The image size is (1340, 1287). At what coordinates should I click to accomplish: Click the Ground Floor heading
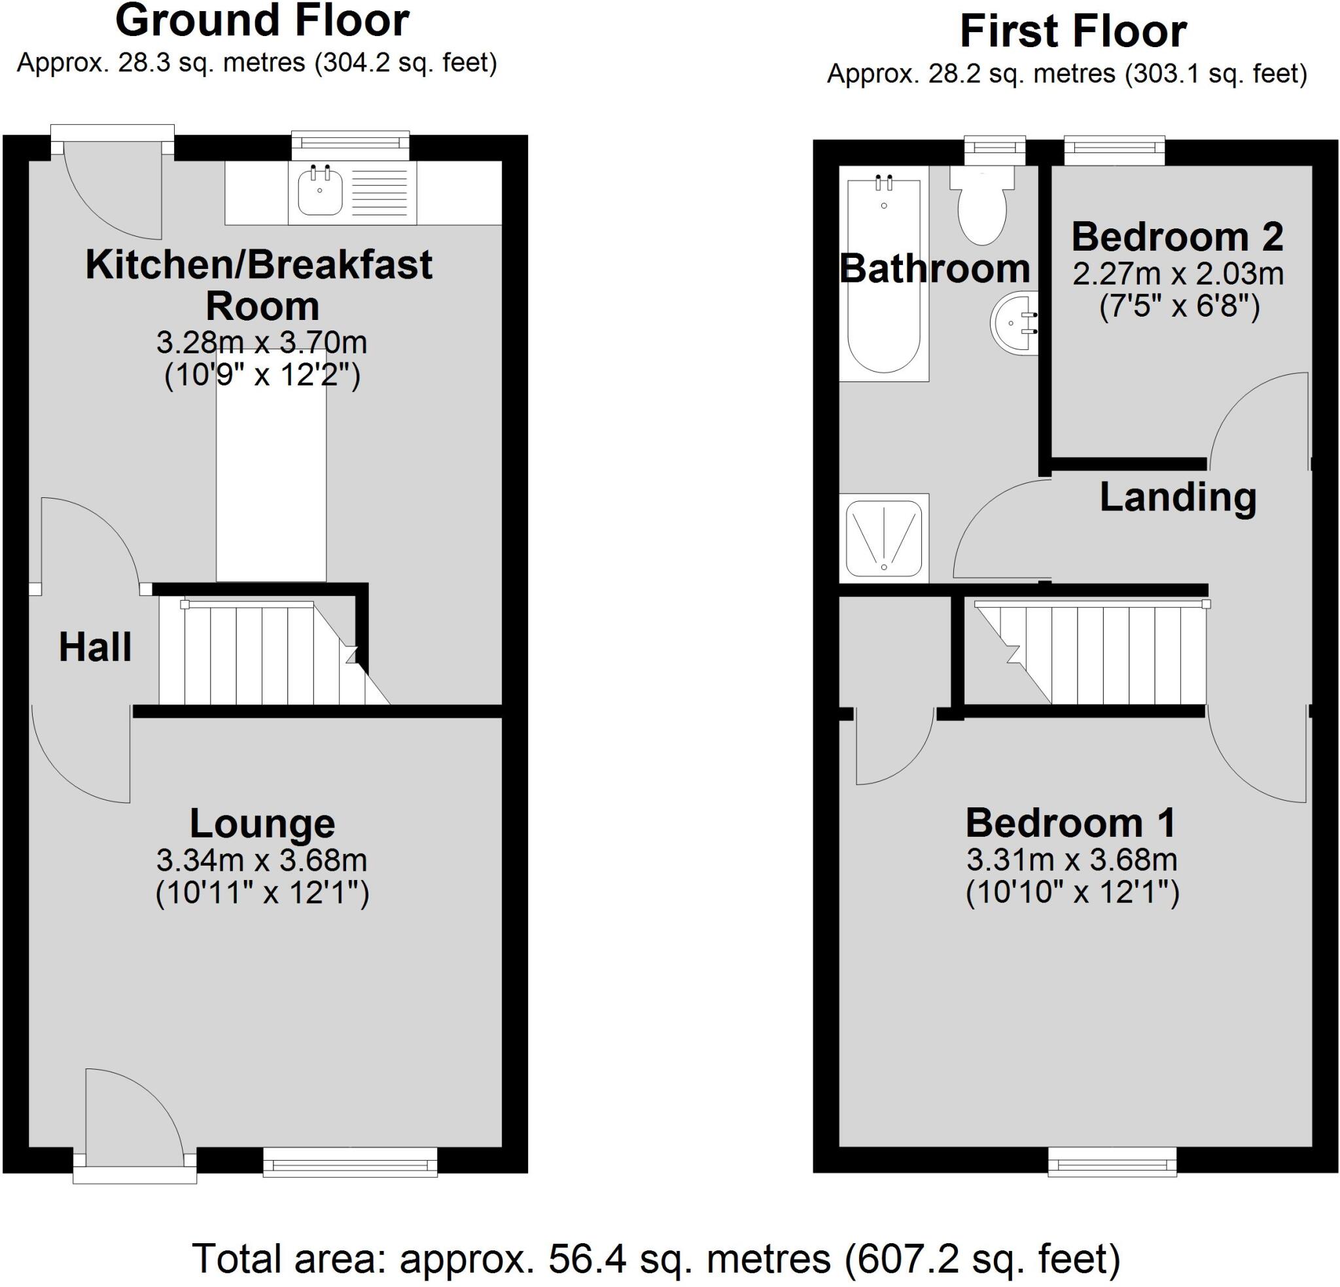point(262,20)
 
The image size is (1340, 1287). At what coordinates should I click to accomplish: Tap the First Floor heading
point(1072,32)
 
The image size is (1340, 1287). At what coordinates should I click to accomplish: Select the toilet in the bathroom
point(981,209)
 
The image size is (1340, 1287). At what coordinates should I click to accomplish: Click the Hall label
point(95,648)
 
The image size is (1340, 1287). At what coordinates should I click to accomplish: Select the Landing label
point(1177,497)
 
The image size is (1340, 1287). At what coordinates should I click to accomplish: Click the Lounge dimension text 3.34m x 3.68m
point(262,860)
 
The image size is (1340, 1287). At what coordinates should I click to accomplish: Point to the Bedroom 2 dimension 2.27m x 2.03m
point(1177,274)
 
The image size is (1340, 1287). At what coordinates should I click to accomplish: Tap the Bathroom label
point(934,269)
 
